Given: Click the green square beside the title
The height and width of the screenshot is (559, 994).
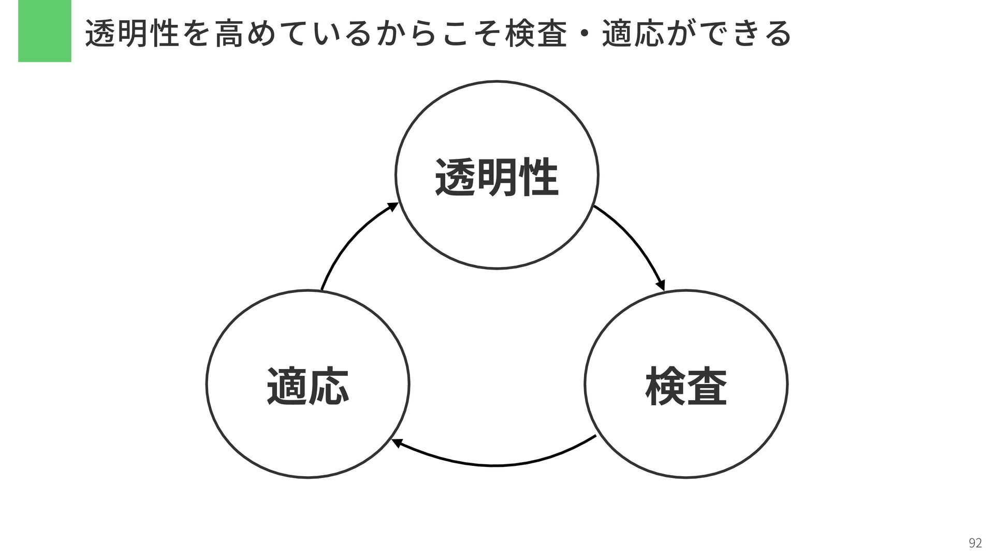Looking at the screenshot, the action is pyautogui.click(x=45, y=31).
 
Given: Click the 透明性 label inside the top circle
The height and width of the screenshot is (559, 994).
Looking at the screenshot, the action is pyautogui.click(x=496, y=178).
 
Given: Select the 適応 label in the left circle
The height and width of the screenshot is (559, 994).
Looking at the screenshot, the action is pyautogui.click(x=308, y=386).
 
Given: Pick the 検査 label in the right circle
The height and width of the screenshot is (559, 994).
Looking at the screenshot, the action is pyautogui.click(x=686, y=386).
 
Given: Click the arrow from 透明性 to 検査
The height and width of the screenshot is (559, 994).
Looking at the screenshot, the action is pyautogui.click(x=634, y=241).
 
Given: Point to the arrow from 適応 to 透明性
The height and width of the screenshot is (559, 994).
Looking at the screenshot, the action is pyautogui.click(x=352, y=241).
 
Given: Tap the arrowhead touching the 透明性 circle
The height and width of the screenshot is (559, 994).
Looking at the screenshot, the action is pyautogui.click(x=393, y=207).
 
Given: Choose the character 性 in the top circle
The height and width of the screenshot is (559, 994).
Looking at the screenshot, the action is pyautogui.click(x=538, y=178).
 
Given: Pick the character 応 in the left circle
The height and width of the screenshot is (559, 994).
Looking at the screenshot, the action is pyautogui.click(x=329, y=386).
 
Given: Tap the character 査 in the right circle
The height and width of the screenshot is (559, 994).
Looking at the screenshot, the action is pyautogui.click(x=707, y=386).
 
